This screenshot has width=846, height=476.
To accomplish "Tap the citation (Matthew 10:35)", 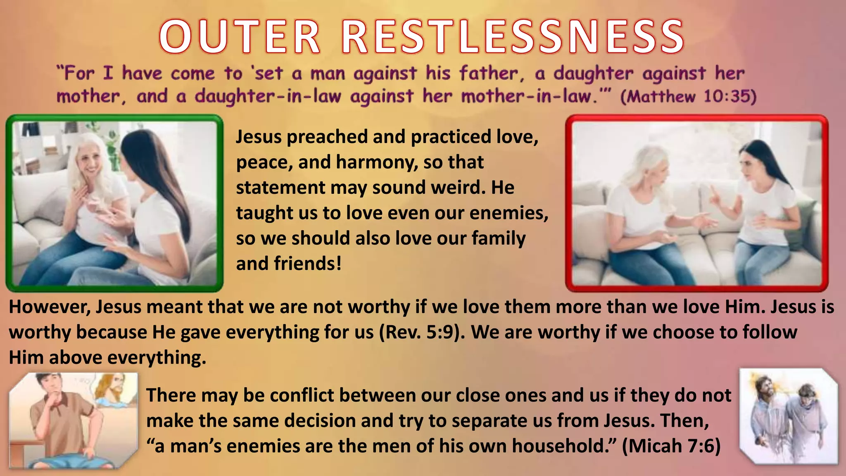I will click(x=688, y=97).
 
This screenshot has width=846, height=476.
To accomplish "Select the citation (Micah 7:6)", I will click(x=671, y=446).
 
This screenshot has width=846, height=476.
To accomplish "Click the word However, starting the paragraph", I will click(x=50, y=307).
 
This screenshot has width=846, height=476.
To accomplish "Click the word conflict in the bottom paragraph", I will click(x=295, y=395).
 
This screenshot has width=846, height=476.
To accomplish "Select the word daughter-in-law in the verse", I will click(x=268, y=97).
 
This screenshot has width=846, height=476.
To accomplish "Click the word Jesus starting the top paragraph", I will click(x=258, y=137).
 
